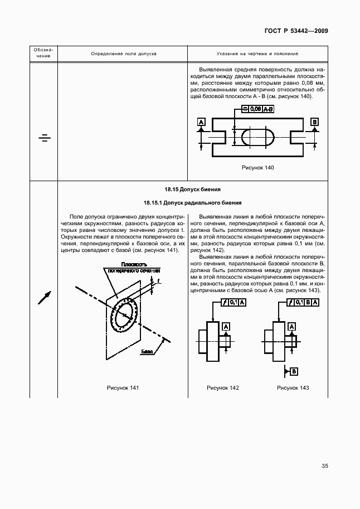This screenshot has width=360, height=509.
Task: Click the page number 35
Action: point(324,466)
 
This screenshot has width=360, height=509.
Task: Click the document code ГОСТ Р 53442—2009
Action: point(295,31)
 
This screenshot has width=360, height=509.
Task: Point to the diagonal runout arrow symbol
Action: point(44,298)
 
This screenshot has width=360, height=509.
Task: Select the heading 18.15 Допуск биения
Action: point(193,189)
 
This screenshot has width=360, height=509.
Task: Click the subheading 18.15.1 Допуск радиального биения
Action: point(193,202)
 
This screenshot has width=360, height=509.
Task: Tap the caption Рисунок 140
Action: point(257,168)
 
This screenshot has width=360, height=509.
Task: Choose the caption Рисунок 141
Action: point(123,387)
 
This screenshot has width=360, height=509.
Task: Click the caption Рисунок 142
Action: point(222,387)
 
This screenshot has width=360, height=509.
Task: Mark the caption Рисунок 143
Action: point(293,387)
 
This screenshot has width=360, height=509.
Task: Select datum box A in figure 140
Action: point(201,122)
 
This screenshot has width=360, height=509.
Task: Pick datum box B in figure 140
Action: point(314,122)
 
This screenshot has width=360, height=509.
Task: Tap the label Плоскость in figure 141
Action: point(130,264)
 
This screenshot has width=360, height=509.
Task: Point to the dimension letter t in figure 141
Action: point(158,281)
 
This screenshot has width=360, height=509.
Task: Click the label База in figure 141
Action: point(147,352)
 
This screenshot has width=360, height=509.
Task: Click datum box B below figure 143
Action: point(294,371)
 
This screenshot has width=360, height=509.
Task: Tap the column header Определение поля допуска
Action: point(124,54)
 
